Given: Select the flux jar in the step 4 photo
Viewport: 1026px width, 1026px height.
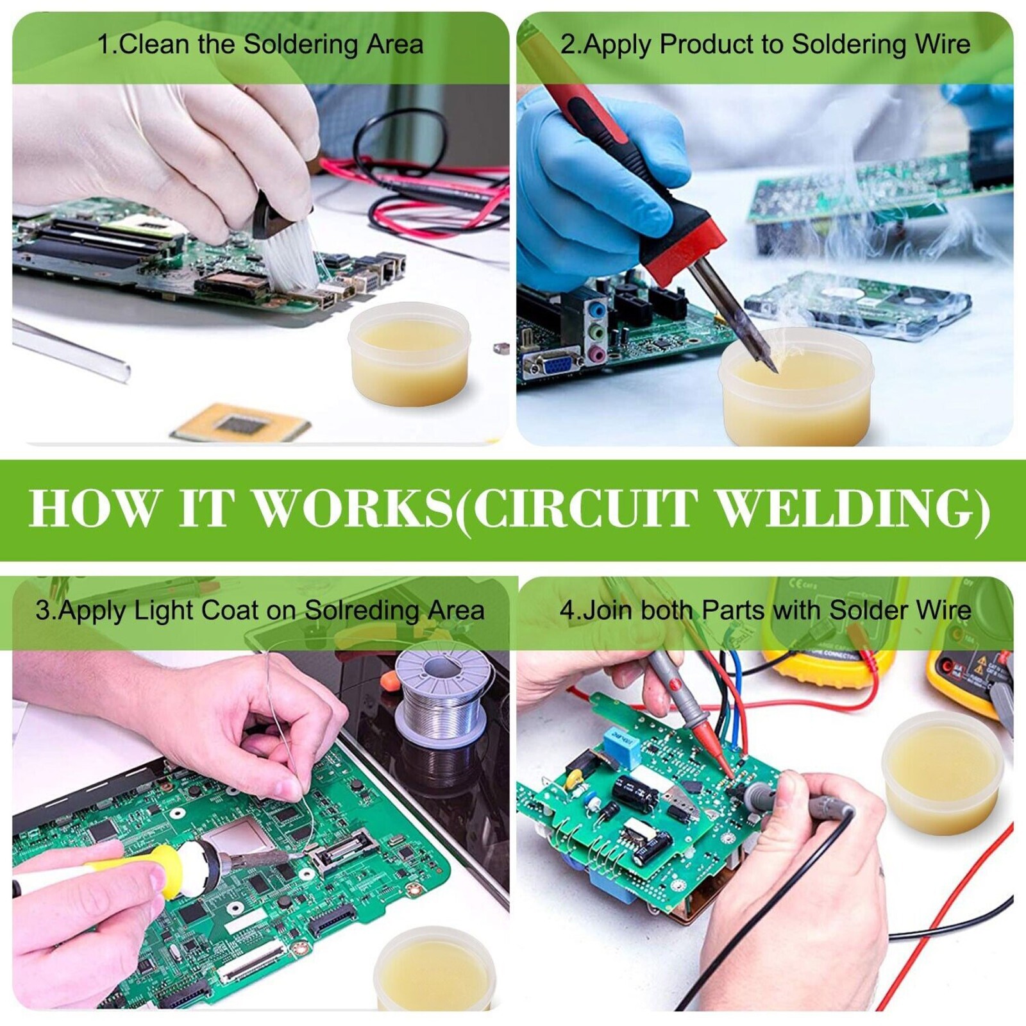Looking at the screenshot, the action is click(941, 773).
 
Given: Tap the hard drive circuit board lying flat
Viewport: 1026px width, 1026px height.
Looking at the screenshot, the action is click(858, 306).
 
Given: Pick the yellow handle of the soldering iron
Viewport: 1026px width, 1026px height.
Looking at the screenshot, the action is click(154, 868).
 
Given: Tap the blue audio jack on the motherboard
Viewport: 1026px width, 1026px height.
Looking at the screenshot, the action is click(598, 311).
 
